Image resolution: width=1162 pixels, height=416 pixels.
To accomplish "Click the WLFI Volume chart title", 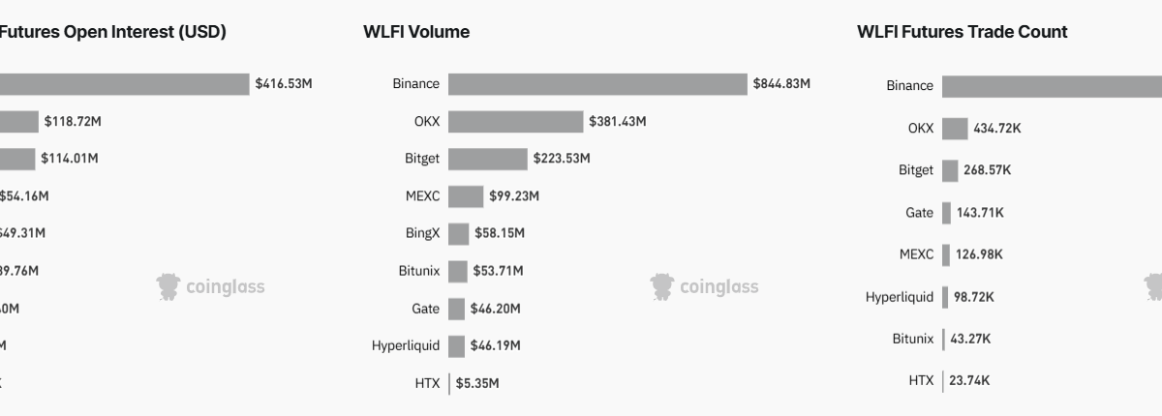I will (416, 32).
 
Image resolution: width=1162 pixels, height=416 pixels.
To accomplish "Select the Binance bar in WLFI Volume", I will (597, 84).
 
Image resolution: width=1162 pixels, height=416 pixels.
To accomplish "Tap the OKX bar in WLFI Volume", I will (516, 122).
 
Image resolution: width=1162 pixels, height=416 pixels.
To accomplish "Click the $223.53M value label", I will (561, 159).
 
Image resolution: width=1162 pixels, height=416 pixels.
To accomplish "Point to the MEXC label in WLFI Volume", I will (422, 196).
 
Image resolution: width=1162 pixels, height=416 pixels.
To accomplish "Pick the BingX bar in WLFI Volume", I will (459, 234).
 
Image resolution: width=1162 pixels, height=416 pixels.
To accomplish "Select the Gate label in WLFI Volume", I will (425, 309).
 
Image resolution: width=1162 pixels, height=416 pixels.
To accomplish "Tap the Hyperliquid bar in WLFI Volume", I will (456, 345).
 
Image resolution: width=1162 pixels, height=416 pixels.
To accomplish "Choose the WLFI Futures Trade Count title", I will (962, 32).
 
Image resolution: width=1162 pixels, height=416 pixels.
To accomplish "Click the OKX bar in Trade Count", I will (955, 129).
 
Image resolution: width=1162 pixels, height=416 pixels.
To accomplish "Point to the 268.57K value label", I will (988, 170).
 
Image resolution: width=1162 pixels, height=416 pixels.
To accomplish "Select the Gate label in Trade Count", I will (920, 213).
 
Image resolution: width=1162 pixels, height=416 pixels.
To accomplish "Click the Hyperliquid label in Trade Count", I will (900, 297).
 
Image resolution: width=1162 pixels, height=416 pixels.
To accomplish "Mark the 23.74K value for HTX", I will (969, 381).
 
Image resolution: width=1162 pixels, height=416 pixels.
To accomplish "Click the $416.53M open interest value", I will (284, 84).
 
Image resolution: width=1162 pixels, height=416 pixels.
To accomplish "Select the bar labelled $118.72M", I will (19, 122).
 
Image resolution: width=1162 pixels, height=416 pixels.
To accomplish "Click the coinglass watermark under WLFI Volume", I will (705, 287).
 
